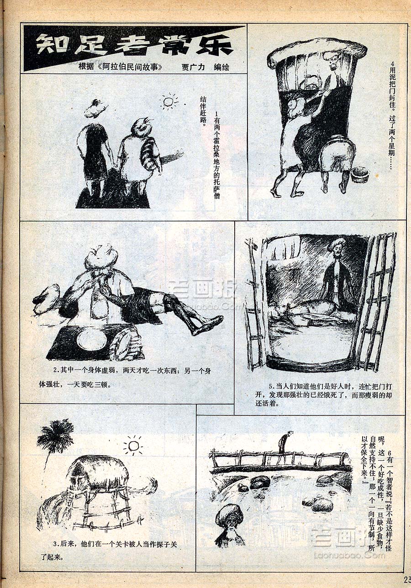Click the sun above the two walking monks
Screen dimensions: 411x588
pyautogui.click(x=169, y=101)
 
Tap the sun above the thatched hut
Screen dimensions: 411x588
pyautogui.click(x=134, y=446)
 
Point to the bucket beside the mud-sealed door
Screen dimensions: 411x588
pyautogui.click(x=360, y=174)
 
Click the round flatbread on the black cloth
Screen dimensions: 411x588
pyautogui.click(x=92, y=339)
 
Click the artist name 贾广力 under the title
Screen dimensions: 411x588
pyautogui.click(x=193, y=67)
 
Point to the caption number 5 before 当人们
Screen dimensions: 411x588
pyautogui.click(x=271, y=387)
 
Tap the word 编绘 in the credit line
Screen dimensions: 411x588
pyautogui.click(x=221, y=67)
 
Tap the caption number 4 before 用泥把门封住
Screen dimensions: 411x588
pyautogui.click(x=392, y=64)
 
